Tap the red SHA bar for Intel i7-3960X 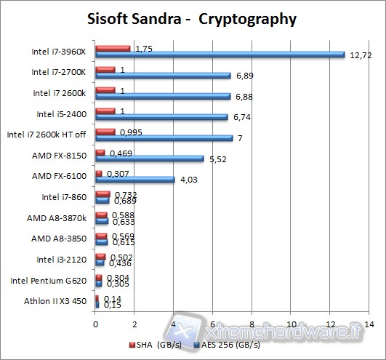click(x=113, y=48)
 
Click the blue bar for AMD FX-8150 click(x=150, y=158)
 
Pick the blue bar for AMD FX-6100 click(x=135, y=179)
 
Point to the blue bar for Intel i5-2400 click(x=161, y=116)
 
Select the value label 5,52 click(x=217, y=159)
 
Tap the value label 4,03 click(x=188, y=180)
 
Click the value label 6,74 click(x=241, y=116)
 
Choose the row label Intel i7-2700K click(x=59, y=72)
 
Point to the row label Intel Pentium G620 click(x=50, y=280)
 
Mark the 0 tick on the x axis click(x=95, y=324)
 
